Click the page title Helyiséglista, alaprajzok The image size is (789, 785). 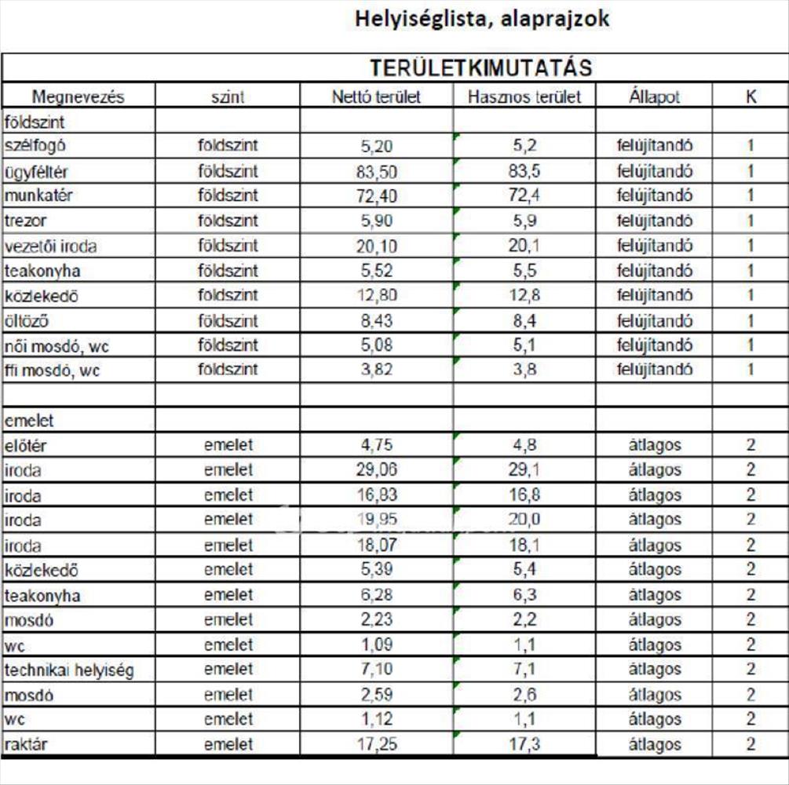point(481,19)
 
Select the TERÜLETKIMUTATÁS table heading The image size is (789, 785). point(480,68)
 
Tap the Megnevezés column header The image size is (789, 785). point(78,97)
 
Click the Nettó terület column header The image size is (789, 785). point(376,97)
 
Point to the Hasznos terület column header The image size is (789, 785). point(524,97)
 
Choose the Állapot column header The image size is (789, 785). point(654,97)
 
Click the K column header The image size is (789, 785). point(751,97)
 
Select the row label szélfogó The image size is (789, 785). point(41,146)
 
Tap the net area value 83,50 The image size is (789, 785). point(376,171)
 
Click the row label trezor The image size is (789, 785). point(26,221)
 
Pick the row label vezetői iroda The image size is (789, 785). point(51,246)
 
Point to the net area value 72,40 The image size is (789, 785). point(376,196)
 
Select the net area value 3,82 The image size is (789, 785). point(376,371)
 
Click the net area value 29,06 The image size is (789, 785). point(376,470)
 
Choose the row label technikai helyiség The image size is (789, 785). point(69,670)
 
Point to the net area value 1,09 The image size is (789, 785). point(376,645)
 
